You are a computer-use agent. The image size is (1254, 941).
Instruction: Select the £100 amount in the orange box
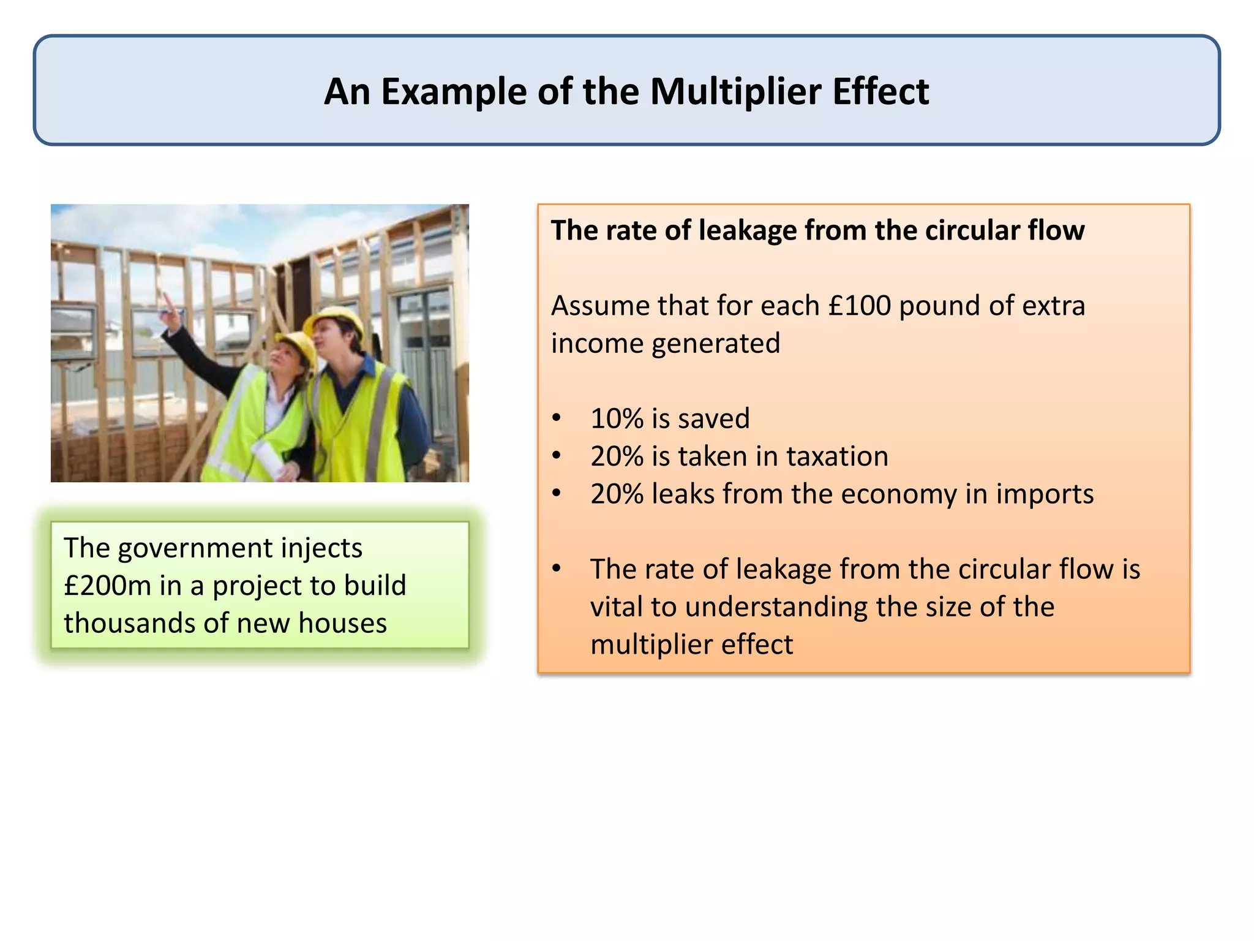[x=859, y=306]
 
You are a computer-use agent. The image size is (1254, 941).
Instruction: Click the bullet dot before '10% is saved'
[x=556, y=419]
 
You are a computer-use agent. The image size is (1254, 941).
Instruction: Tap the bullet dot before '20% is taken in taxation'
[x=556, y=457]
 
